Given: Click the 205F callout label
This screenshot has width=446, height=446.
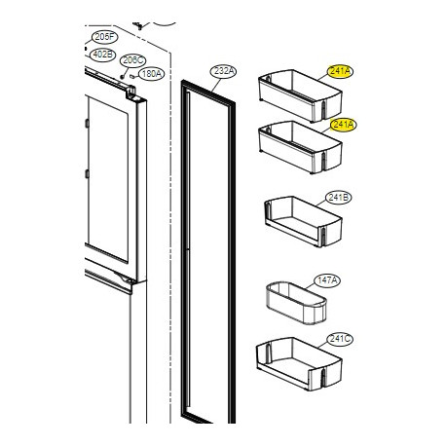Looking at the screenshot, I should click(x=102, y=37).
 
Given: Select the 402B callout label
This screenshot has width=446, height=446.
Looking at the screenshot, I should click(x=102, y=54).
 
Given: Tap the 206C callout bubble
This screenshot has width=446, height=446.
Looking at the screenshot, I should click(x=132, y=59).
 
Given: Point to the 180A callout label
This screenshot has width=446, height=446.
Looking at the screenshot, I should click(x=150, y=74).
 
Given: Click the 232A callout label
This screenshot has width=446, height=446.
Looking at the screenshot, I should click(x=223, y=71).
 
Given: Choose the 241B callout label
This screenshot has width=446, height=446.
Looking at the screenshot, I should click(x=341, y=196).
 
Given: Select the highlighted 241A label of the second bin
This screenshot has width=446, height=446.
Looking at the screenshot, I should click(x=343, y=125).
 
